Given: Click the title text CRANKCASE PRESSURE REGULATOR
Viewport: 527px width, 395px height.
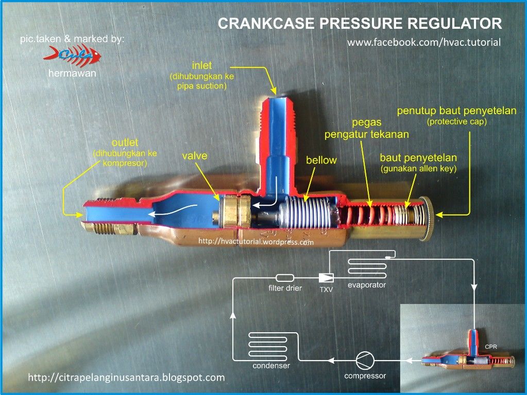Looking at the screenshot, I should [360, 24].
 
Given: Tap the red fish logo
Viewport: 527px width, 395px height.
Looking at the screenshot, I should [72, 55].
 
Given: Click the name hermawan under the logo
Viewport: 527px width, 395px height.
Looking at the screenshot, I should [72, 74].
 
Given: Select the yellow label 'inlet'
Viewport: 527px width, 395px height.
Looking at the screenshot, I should [202, 66].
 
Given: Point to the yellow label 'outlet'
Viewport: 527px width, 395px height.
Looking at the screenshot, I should [125, 142].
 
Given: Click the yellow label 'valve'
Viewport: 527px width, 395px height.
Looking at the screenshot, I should [195, 155].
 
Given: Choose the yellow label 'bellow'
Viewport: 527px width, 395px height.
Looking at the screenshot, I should [321, 160].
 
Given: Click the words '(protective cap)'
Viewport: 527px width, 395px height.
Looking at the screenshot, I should [456, 122].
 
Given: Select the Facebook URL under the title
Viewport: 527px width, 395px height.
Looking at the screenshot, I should [424, 43].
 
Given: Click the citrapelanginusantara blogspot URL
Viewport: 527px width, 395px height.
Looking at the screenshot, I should [126, 378].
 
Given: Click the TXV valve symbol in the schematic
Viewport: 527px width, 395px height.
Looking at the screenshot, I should [326, 278].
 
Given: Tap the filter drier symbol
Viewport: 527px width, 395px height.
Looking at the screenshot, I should [285, 278].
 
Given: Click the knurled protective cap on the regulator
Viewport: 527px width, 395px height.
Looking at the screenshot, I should [427, 218].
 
